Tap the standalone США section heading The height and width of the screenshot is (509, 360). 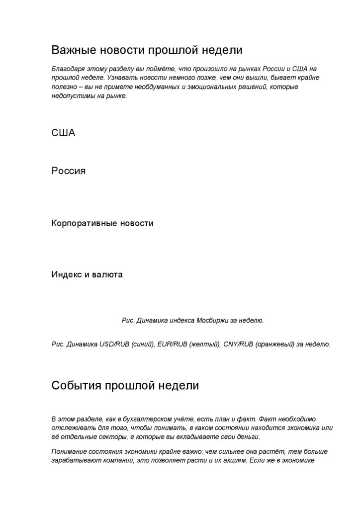pos(63,133)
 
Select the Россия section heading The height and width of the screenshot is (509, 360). pos(69,171)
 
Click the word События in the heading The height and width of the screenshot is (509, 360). pos(76,386)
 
